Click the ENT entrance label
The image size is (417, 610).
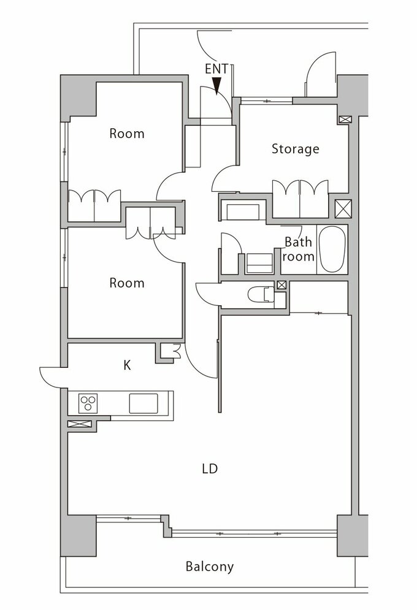tap(216, 69)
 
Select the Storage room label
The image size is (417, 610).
tap(295, 149)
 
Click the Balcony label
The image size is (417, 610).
tap(209, 566)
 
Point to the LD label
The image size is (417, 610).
tap(210, 468)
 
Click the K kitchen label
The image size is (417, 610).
tap(127, 365)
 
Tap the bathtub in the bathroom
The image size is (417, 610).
tap(332, 249)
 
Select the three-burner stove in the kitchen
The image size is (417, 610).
tap(88, 403)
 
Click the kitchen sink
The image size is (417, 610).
tap(143, 403)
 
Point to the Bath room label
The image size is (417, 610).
tap(299, 249)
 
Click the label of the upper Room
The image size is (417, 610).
tap(127, 134)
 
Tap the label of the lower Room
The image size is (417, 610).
tap(127, 283)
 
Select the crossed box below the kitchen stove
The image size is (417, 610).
tap(79, 424)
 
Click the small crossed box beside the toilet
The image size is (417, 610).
tap(281, 285)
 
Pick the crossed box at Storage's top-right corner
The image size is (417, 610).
tap(344, 120)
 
